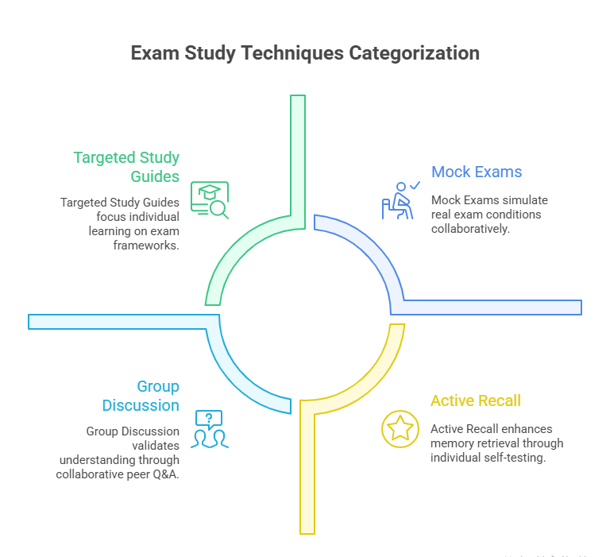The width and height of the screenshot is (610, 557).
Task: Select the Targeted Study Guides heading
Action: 127,166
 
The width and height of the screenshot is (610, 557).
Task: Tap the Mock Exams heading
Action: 477,172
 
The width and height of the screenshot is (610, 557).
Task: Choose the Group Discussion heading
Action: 141,396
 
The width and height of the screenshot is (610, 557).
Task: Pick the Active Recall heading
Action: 476,400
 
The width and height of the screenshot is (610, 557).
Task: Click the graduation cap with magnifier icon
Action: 210,199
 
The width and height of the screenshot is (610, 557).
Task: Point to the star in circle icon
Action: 399,427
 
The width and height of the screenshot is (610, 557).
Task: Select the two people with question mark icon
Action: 210,429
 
